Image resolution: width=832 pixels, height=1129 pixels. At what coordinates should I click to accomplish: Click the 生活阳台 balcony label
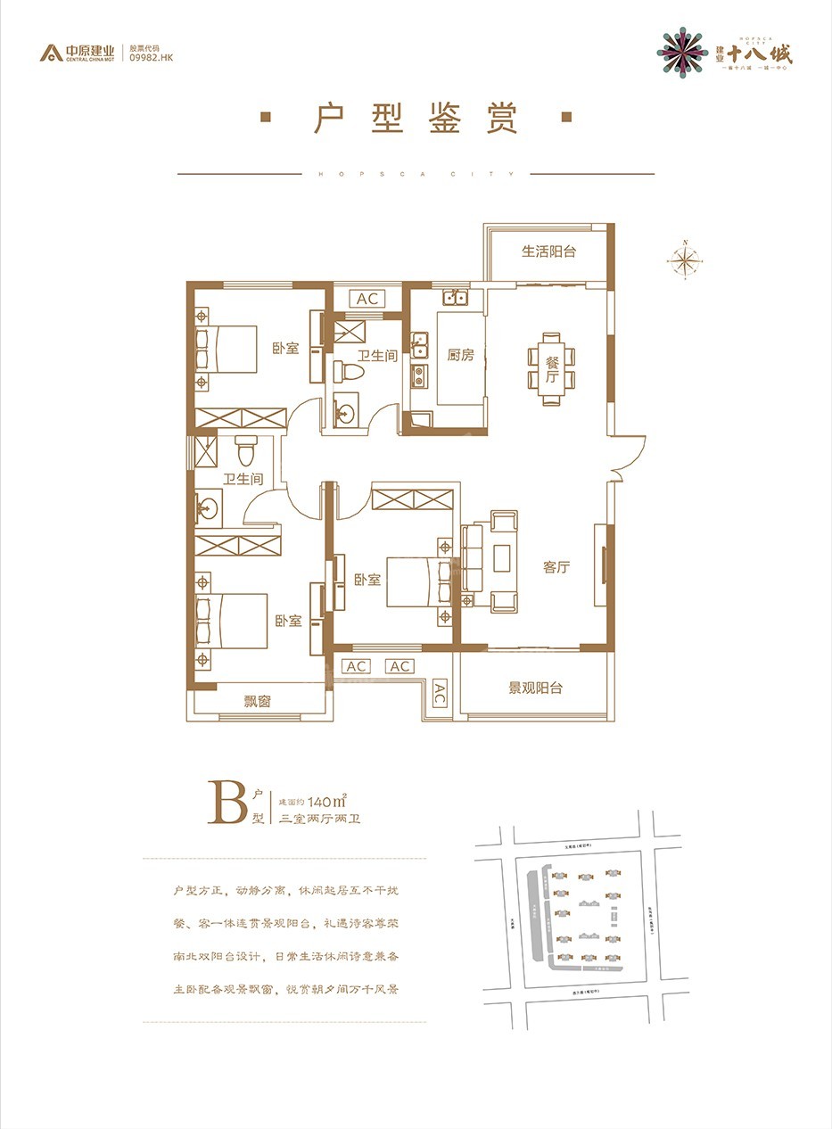pyautogui.click(x=549, y=251)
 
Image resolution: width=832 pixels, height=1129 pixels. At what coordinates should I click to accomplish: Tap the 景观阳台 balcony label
pyautogui.click(x=535, y=688)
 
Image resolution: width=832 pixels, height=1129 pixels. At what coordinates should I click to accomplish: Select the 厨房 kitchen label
pyautogui.click(x=460, y=355)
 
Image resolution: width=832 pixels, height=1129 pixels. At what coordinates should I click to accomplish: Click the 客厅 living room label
pyautogui.click(x=556, y=567)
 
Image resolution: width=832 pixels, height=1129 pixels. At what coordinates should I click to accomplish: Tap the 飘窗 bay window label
pyautogui.click(x=258, y=701)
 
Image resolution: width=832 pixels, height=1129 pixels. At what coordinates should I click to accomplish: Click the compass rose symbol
pyautogui.click(x=684, y=260)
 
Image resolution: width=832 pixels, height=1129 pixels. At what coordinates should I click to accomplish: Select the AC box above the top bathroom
pyautogui.click(x=367, y=299)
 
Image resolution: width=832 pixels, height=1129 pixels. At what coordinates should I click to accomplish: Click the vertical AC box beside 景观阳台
pyautogui.click(x=440, y=694)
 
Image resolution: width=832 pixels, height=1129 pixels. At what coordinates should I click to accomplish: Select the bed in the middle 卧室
pyautogui.click(x=412, y=581)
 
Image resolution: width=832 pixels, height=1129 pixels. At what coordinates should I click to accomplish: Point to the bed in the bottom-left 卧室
pyautogui.click(x=233, y=621)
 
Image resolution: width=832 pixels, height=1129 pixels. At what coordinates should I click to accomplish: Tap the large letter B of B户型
pyautogui.click(x=226, y=803)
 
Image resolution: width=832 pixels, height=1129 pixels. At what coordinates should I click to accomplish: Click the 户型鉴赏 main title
pyautogui.click(x=416, y=119)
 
